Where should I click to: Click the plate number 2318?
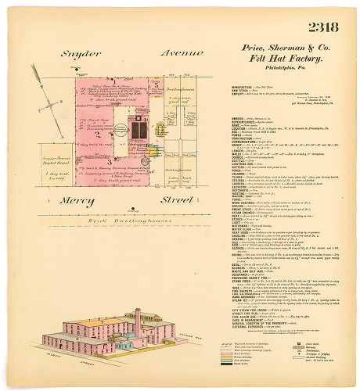point(322,28)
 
